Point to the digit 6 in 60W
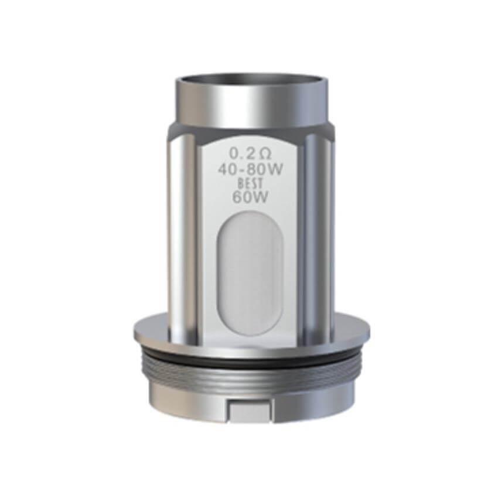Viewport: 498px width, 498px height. [237, 197]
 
